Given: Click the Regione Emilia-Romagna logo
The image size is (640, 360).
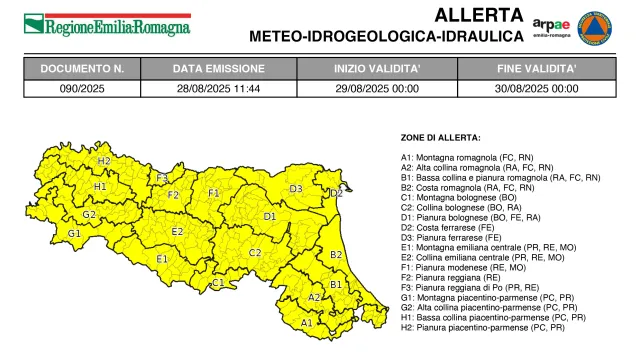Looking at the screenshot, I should tap(107, 22).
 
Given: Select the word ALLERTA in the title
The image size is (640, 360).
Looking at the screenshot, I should tap(478, 15).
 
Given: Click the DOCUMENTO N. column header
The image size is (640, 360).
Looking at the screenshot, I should tap(83, 70).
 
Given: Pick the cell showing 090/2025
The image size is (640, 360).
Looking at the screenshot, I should tap(83, 88).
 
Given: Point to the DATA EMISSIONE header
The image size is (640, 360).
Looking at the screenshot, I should tap(219, 70).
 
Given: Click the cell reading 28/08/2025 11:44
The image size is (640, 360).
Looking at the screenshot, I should tap(219, 88).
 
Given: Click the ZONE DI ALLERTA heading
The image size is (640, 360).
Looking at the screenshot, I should tap(441, 136).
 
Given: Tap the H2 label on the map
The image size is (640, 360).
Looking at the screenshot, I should tap(103, 161).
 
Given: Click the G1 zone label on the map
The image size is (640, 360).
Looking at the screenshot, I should tap(74, 233).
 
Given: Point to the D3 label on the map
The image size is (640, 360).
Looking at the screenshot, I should tap(296, 189).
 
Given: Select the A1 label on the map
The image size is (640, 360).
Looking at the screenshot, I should tap(306, 323).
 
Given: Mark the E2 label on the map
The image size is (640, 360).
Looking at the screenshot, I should tap(177, 232).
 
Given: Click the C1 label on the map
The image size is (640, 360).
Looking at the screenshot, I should tap(217, 283).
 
